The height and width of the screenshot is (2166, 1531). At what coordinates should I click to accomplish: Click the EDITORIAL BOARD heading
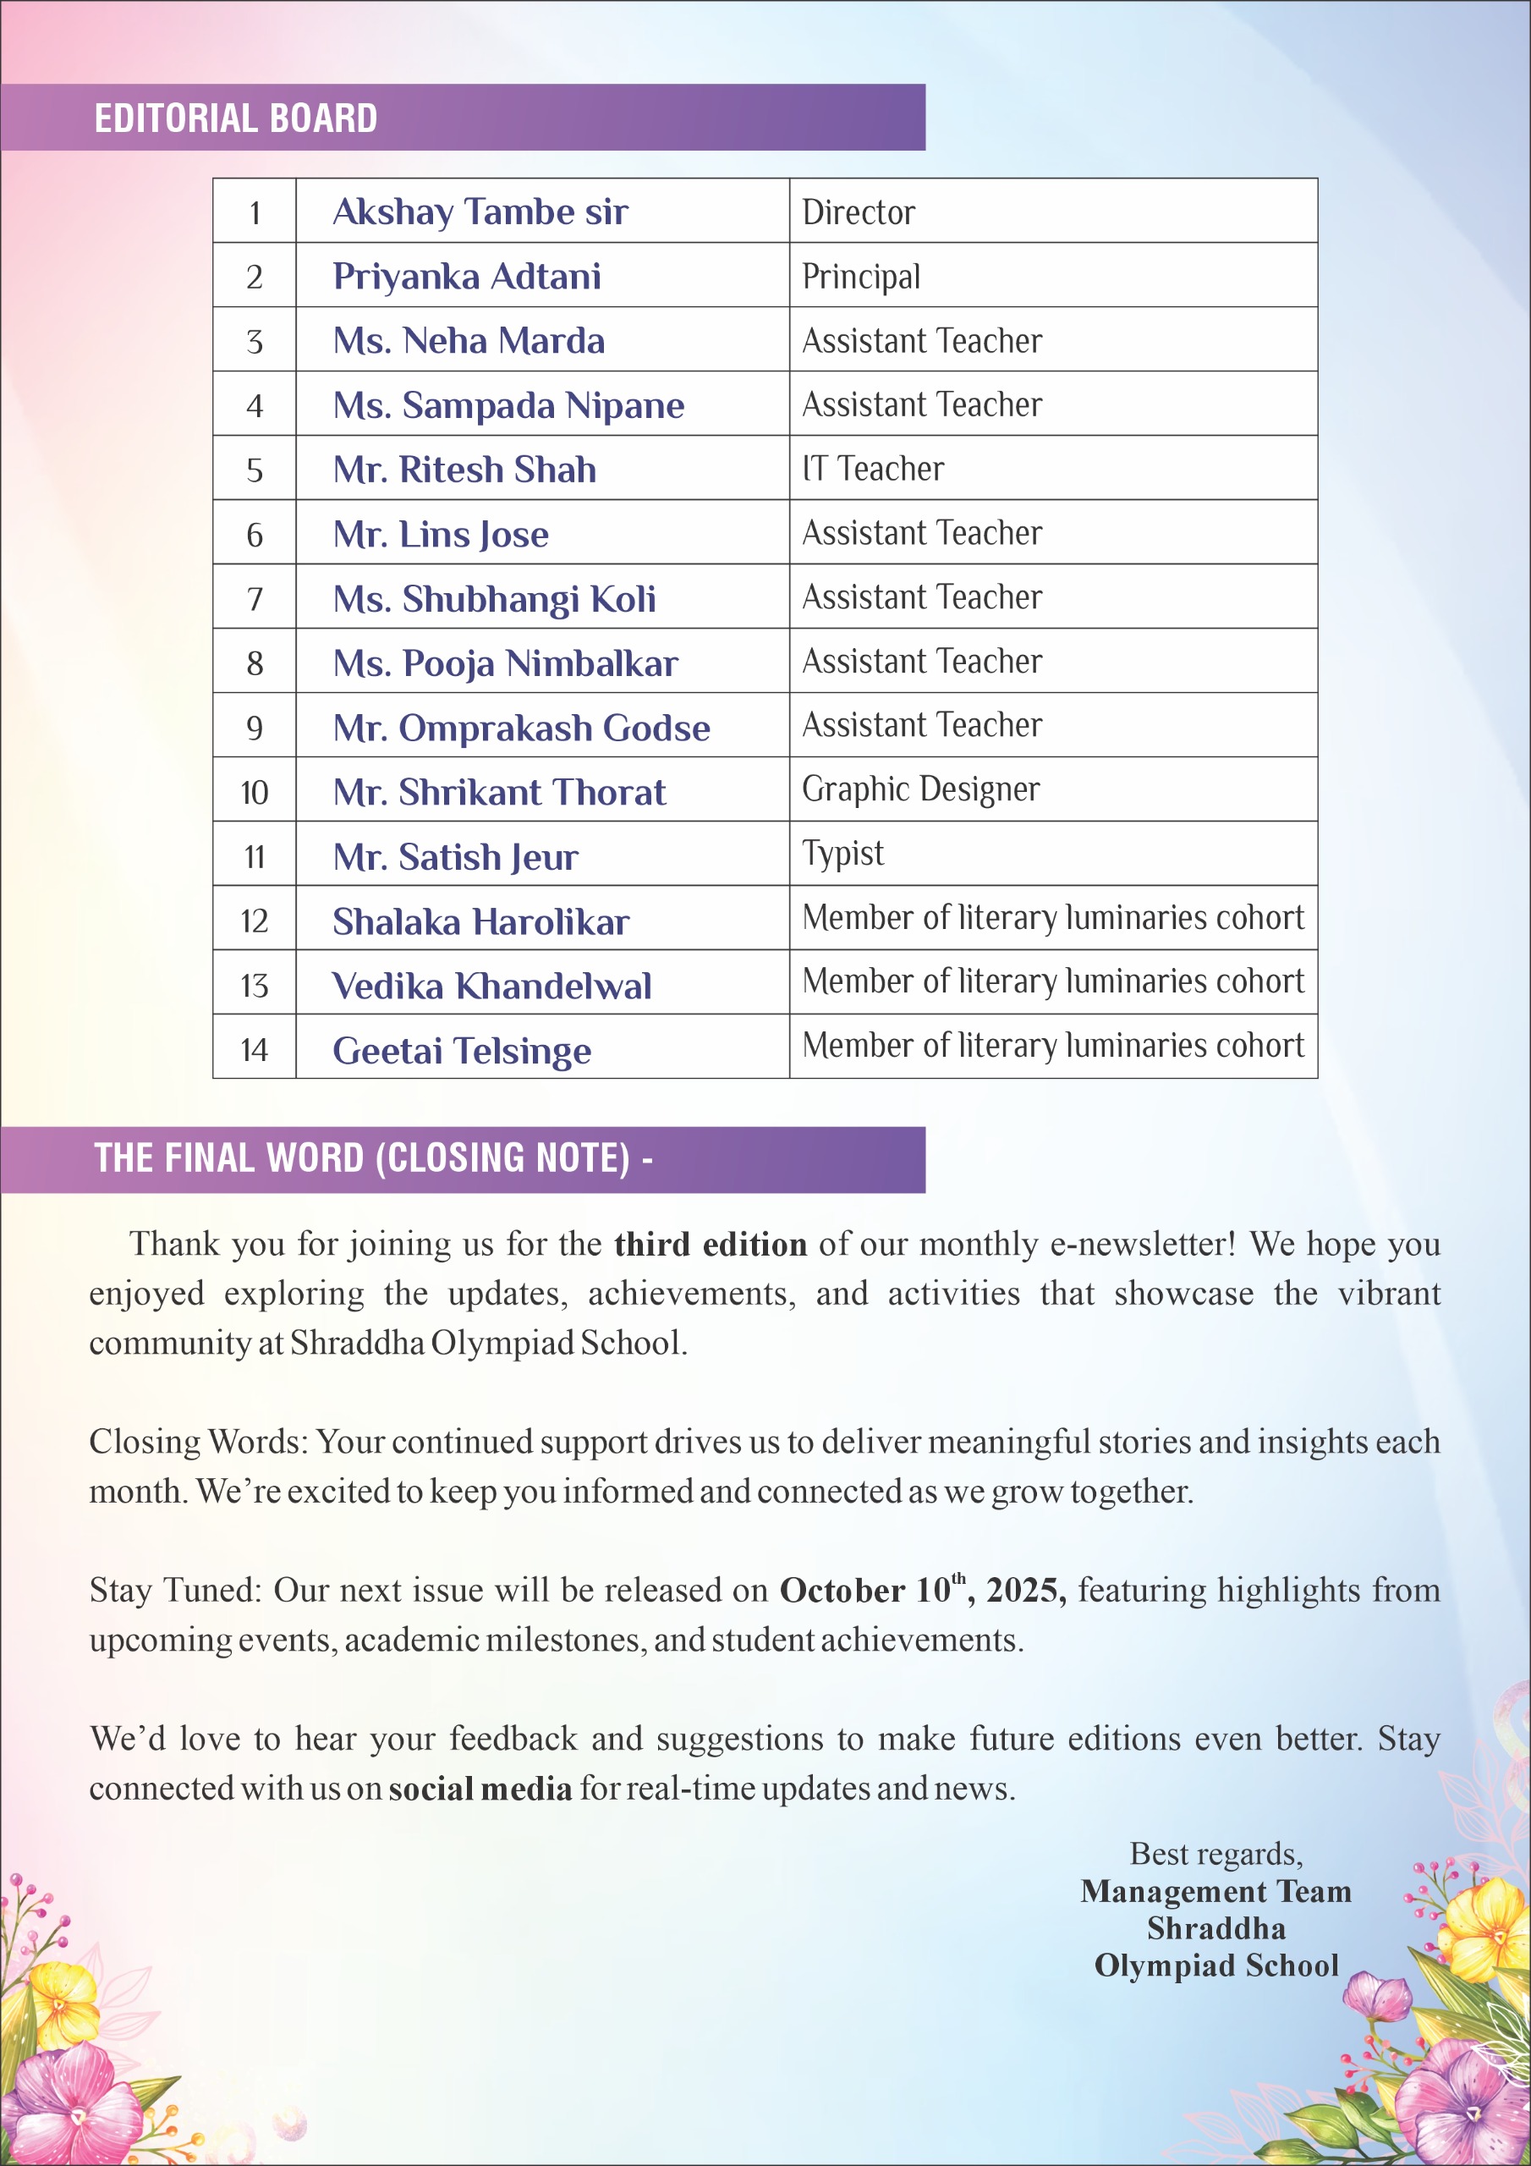[236, 118]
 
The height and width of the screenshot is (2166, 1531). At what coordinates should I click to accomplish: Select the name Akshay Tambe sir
[480, 212]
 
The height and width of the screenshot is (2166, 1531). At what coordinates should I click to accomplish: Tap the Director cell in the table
[859, 212]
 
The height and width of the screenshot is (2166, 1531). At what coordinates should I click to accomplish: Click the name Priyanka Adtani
[467, 277]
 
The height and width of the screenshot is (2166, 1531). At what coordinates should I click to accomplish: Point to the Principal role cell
[861, 277]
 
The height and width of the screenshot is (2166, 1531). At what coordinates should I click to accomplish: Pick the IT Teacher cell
[873, 469]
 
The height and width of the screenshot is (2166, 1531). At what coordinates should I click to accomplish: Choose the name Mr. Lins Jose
[441, 535]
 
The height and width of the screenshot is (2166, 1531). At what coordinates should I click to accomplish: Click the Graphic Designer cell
[920, 789]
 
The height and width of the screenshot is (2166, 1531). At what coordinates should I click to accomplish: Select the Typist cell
[842, 854]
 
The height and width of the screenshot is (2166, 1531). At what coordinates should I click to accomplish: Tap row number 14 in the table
[255, 1050]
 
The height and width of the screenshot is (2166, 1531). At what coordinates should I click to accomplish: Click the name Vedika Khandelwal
[491, 986]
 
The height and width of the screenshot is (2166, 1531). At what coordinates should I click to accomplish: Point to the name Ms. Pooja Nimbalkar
[506, 663]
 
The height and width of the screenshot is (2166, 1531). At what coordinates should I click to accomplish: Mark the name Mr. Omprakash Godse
[522, 728]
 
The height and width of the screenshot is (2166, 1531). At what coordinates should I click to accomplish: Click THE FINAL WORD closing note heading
[374, 1158]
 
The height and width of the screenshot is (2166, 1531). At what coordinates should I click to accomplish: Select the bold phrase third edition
[711, 1245]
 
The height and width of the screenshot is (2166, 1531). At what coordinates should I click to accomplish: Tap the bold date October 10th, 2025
[923, 1591]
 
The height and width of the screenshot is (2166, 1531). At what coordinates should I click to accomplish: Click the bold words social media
[480, 1789]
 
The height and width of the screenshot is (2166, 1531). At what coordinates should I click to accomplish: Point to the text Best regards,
[1216, 1854]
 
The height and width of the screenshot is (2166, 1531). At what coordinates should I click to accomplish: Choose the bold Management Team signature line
[1216, 1892]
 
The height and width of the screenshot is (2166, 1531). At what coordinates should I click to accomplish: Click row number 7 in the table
[255, 599]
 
